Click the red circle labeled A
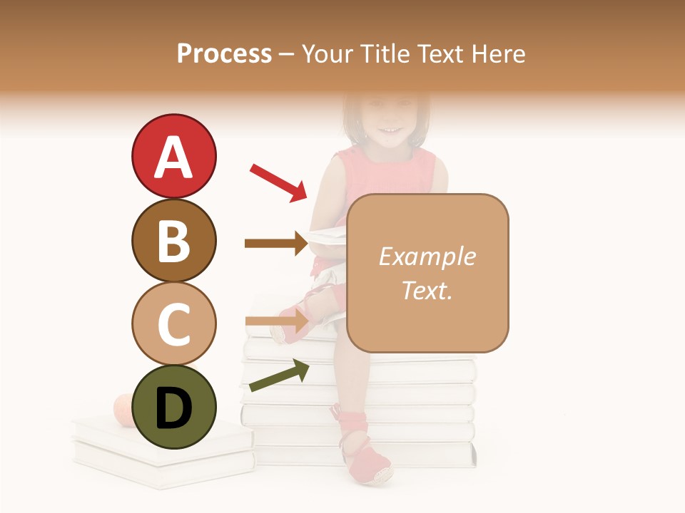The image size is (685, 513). (173, 156)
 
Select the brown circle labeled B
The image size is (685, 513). (173, 240)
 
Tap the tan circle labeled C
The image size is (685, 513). (173, 323)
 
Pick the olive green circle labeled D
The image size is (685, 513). (173, 408)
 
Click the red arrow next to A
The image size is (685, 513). (278, 182)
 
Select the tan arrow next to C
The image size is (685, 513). (277, 321)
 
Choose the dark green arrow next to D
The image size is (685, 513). (279, 375)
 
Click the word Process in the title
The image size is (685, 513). (224, 54)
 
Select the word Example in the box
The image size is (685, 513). (427, 257)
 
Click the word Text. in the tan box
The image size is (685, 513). (427, 290)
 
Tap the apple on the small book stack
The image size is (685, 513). (124, 410)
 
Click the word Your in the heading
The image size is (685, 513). (329, 54)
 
